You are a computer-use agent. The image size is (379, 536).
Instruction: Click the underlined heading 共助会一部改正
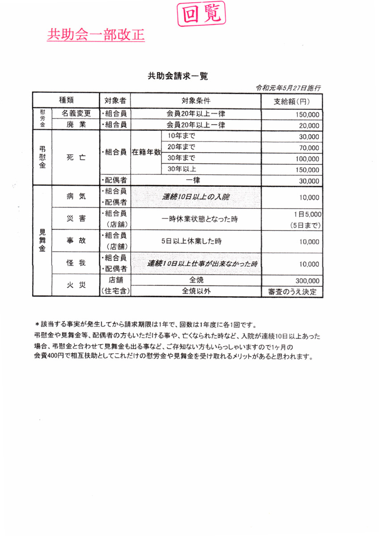click(96, 34)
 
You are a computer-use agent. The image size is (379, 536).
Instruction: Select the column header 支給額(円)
click(291, 101)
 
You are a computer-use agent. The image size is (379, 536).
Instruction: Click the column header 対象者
click(114, 100)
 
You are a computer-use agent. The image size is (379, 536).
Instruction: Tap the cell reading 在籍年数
click(146, 152)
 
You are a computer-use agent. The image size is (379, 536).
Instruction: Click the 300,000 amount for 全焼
click(307, 281)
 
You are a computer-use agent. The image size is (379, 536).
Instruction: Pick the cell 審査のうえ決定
click(292, 292)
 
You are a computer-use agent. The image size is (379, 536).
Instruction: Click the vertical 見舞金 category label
click(42, 241)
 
